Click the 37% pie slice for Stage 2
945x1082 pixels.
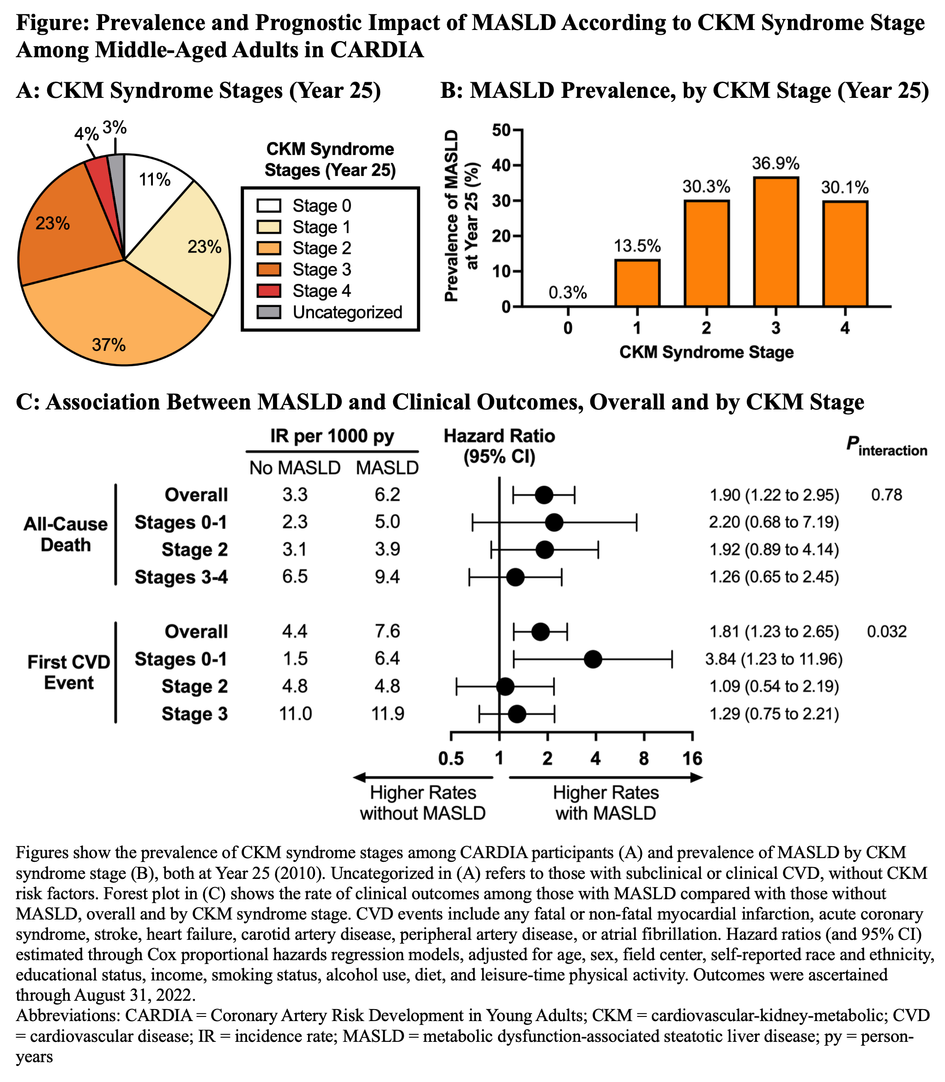click(116, 316)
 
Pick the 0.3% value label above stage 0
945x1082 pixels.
click(568, 293)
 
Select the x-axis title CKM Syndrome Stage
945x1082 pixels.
click(706, 352)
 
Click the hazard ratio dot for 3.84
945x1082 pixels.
click(593, 659)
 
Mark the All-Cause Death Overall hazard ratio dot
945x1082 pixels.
click(544, 495)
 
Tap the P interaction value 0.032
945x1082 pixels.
click(886, 631)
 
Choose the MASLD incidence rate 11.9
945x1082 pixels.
click(388, 714)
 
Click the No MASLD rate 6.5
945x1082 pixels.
click(295, 577)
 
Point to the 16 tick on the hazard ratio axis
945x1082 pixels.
click(692, 758)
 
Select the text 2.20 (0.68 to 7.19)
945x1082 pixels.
click(774, 522)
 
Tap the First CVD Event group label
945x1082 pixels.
click(68, 673)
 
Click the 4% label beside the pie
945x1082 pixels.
click(86, 134)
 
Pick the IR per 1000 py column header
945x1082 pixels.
click(332, 436)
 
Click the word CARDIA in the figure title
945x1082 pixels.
click(377, 49)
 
